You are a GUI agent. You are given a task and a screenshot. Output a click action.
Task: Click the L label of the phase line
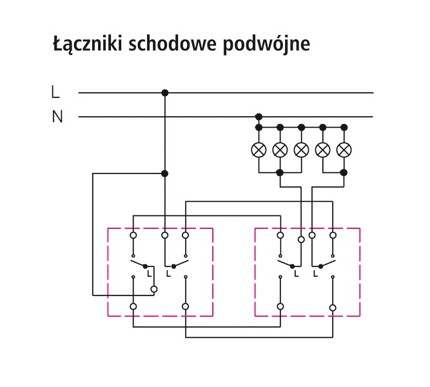click(55, 93)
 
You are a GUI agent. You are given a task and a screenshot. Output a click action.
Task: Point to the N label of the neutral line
click(57, 117)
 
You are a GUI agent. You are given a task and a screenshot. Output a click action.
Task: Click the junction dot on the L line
click(165, 93)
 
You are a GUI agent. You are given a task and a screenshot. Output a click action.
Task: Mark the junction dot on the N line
click(259, 117)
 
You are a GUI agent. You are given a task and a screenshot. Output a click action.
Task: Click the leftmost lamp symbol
click(259, 150)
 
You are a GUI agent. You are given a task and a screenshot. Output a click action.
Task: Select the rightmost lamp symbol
click(344, 150)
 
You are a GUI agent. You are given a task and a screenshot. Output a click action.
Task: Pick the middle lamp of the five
click(301, 150)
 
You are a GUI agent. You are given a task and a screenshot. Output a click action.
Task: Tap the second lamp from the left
click(280, 150)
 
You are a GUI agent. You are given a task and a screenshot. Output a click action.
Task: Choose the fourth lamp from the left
click(322, 150)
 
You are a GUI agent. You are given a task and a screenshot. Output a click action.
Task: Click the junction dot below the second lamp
click(280, 173)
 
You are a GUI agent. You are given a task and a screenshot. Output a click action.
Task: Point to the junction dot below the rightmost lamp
click(344, 173)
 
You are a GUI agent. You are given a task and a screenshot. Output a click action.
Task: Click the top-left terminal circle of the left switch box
click(133, 235)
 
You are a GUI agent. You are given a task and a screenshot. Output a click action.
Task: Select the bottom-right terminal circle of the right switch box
click(333, 308)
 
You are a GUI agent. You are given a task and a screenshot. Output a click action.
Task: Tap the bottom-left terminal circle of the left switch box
click(133, 306)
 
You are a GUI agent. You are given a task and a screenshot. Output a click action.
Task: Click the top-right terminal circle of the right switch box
click(333, 235)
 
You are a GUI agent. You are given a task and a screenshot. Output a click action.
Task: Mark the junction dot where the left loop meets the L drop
click(165, 173)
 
